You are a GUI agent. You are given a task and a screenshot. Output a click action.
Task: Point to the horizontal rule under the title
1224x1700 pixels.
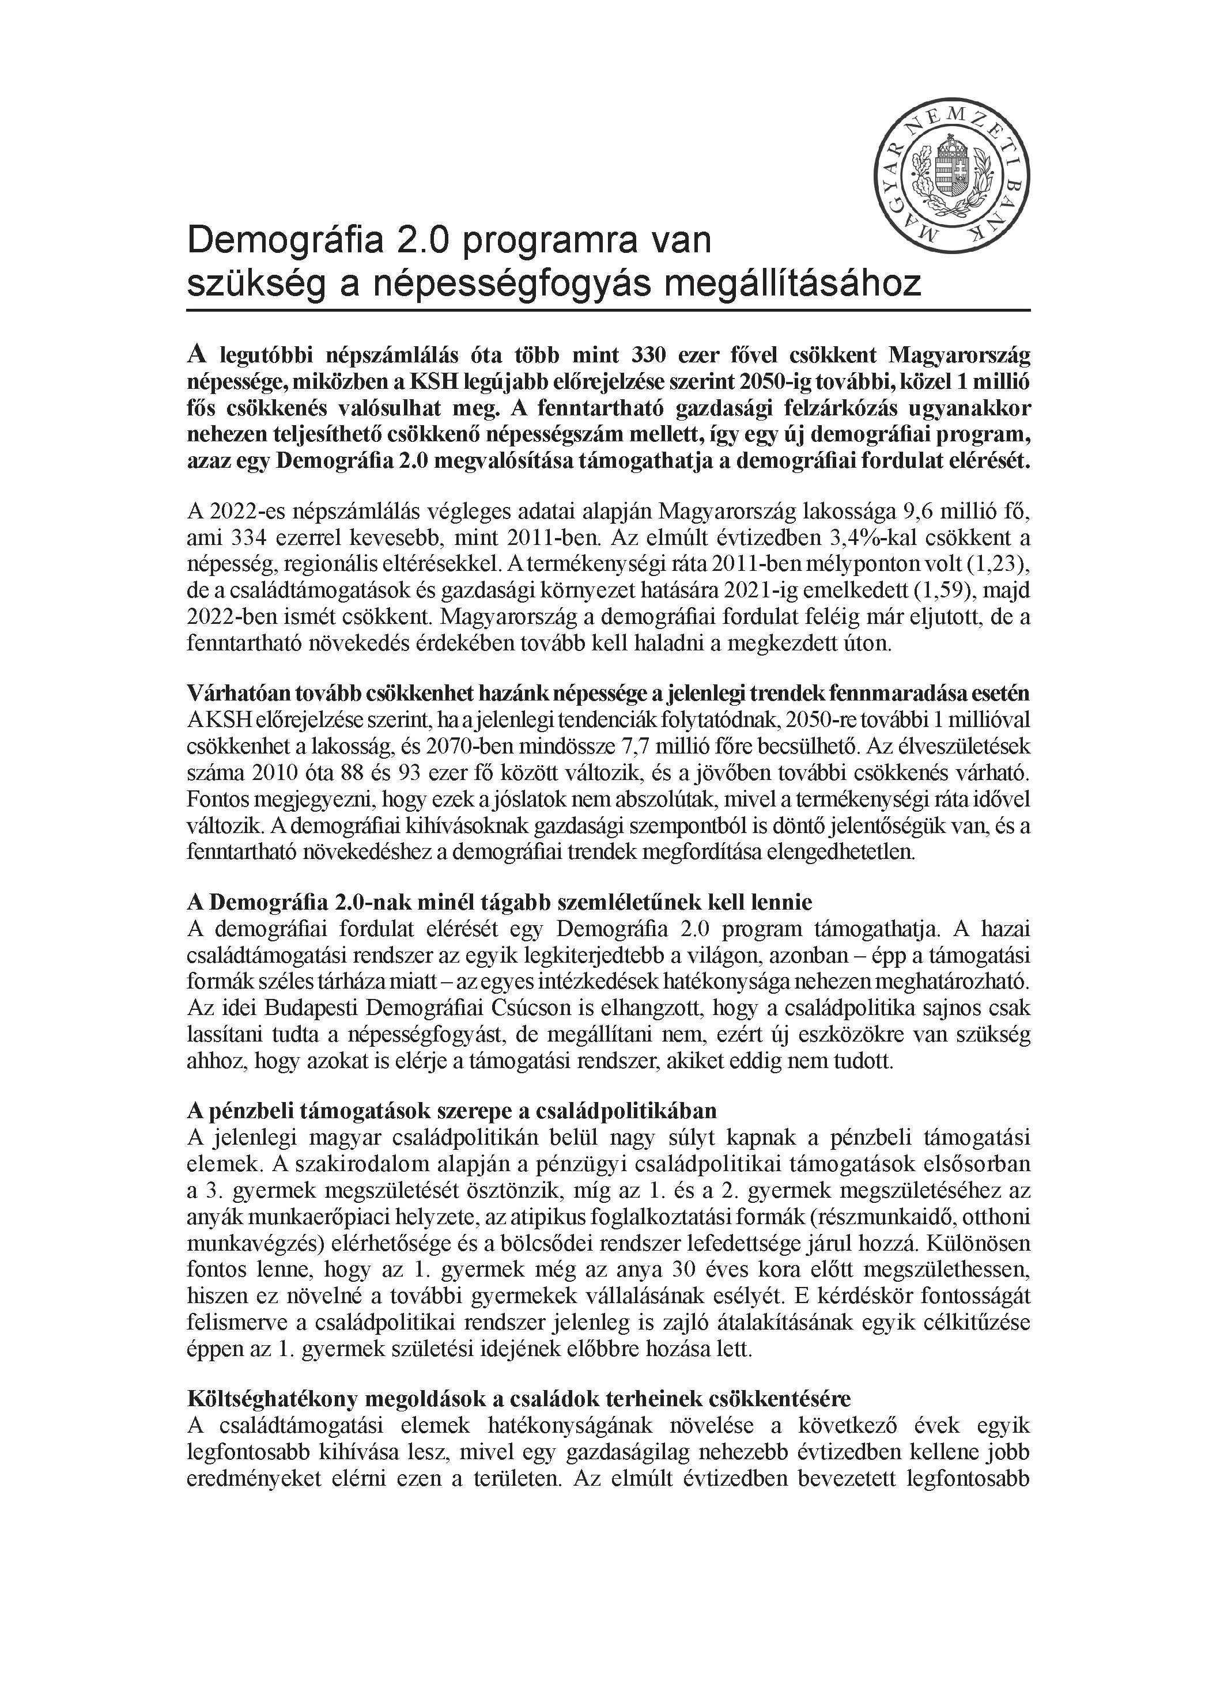point(608,309)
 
